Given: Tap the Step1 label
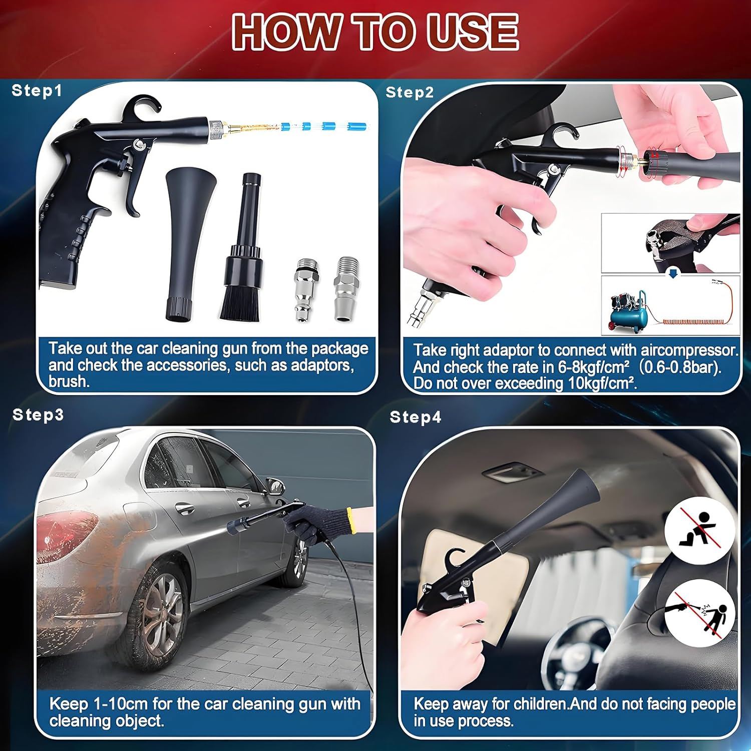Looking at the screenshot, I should [37, 91].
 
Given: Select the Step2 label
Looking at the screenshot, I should [409, 93].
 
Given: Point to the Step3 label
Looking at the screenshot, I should [38, 415].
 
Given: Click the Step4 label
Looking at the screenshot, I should [415, 417].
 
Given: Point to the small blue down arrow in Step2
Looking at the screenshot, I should [673, 274].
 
